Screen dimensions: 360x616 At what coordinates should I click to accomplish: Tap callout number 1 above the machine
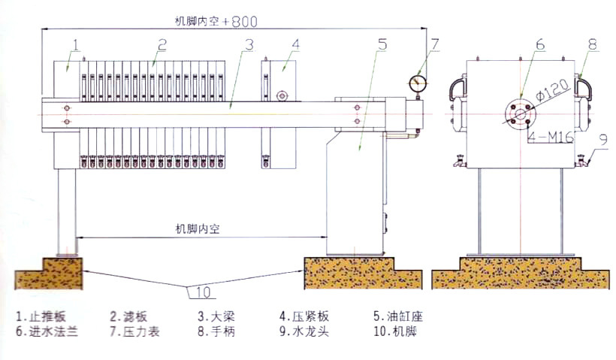76,44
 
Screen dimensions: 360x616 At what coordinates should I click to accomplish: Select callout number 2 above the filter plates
161,44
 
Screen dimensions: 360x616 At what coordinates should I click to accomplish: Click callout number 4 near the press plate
295,44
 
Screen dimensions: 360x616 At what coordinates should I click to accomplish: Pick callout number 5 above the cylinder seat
382,44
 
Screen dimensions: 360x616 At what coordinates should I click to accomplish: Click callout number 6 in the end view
539,44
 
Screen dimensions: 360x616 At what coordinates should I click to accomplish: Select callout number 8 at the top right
592,44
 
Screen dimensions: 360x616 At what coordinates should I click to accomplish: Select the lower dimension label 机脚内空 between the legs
198,228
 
